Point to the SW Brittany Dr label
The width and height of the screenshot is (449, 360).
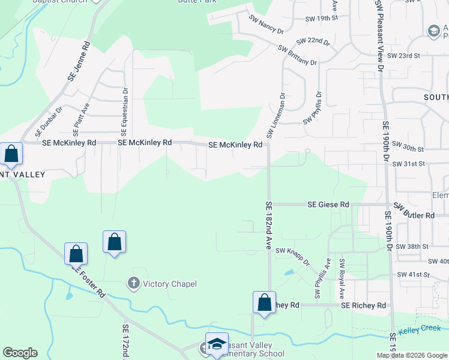[x=297, y=55]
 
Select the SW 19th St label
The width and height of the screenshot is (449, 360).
[x=319, y=19]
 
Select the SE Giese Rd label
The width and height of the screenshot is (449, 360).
[x=328, y=205]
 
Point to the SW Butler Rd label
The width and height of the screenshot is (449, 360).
[x=414, y=215]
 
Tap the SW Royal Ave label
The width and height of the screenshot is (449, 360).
[x=342, y=279]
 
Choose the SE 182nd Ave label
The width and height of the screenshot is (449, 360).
[x=268, y=226]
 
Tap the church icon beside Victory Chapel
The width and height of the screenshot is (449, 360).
[x=133, y=283]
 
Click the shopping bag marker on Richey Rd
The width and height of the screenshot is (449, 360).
[x=264, y=302]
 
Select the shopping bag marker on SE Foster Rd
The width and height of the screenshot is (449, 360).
[x=76, y=254]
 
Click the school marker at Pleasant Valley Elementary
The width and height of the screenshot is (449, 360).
[x=217, y=344]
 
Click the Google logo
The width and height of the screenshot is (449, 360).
[x=20, y=353]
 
